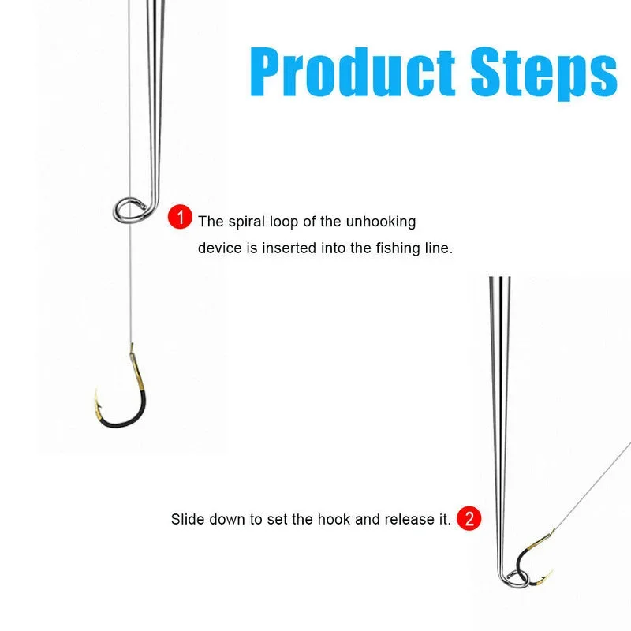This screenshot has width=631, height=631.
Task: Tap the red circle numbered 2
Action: pos(469,519)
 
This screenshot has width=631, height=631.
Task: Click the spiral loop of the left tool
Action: pos(129,209)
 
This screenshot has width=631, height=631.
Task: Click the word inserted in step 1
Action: pos(287,248)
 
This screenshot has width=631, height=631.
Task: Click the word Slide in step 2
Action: pos(185,520)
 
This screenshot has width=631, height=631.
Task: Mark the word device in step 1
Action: pos(217,248)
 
